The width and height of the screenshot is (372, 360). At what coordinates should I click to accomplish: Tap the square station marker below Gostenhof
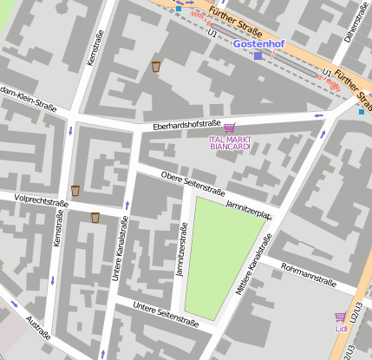(258, 56)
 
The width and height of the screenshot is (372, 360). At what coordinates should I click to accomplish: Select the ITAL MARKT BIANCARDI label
(230, 142)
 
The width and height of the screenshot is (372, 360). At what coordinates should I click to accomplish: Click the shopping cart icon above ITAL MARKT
(229, 128)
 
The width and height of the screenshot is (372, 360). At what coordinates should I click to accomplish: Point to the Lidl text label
(340, 329)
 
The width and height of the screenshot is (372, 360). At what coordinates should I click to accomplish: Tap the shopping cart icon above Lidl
(340, 317)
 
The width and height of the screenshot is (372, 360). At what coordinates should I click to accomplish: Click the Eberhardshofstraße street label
(186, 125)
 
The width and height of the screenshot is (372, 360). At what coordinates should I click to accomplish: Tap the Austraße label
(38, 327)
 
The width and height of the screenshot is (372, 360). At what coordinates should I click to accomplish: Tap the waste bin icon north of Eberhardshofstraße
(156, 67)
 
